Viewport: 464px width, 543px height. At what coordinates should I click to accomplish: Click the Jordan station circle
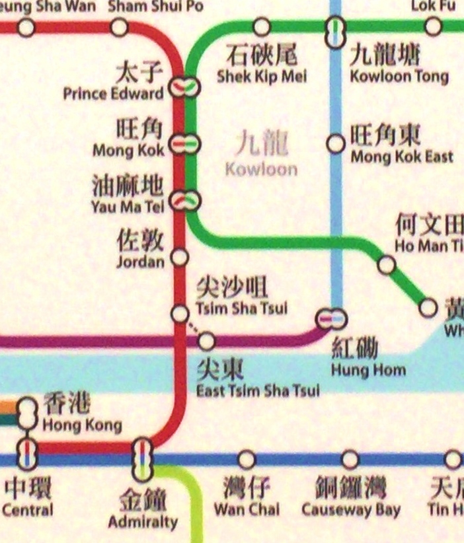pos(179,257)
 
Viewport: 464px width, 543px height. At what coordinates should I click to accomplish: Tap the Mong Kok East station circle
pos(336,143)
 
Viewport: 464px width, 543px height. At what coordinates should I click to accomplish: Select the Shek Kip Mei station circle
pos(262,27)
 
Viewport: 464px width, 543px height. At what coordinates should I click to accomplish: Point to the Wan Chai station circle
pos(247,459)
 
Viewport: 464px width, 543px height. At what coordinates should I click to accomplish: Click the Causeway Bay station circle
pos(350,459)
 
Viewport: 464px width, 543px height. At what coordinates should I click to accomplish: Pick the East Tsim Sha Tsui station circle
pos(207,341)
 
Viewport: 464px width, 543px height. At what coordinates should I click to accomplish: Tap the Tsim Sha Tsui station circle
pos(180,314)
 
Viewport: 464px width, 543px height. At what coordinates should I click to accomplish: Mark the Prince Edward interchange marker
pos(184,87)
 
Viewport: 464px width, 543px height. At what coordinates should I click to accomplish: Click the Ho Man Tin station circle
pos(387,266)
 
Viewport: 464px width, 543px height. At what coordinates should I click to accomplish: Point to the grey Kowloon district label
pos(261,168)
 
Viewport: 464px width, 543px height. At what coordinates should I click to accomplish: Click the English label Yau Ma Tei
pos(128,207)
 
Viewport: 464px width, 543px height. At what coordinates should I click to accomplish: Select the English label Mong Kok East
pos(401,157)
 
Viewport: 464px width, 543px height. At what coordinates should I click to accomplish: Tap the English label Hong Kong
pos(82,425)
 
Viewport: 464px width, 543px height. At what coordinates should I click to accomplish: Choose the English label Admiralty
pos(143,521)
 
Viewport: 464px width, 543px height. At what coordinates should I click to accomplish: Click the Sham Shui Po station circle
pos(120,27)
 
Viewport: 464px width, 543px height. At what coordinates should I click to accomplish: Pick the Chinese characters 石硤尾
pos(261,55)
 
